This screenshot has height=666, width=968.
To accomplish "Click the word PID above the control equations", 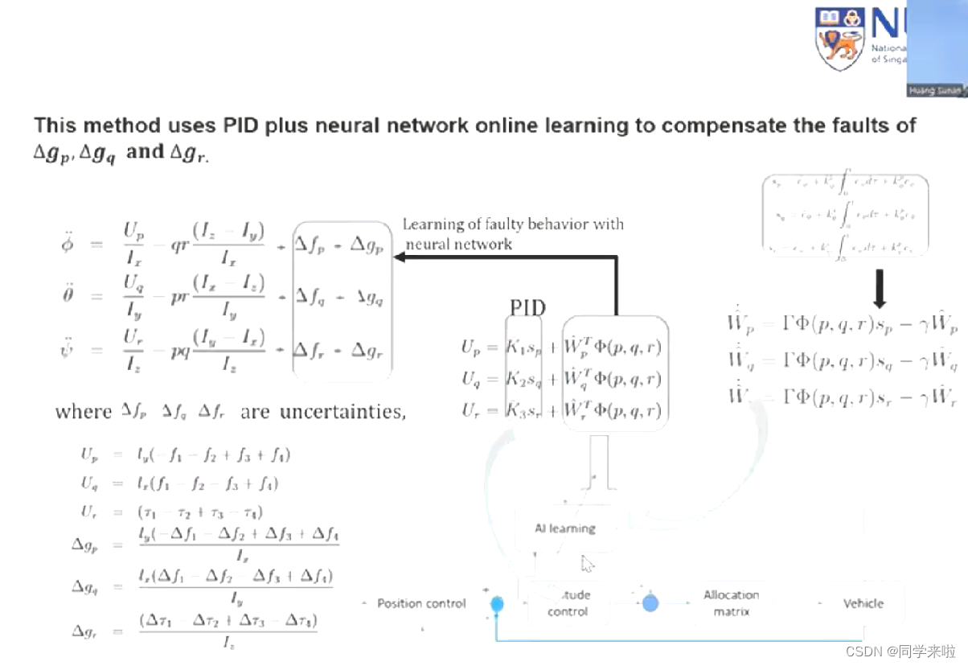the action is tap(528, 307).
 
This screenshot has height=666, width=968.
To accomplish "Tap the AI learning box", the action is tap(564, 528).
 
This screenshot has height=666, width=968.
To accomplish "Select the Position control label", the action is tap(421, 603).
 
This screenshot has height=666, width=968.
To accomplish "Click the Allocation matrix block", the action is tap(731, 603).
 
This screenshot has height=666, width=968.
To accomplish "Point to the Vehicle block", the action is tap(863, 603).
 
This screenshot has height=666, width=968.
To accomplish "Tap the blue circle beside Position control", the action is tap(497, 603).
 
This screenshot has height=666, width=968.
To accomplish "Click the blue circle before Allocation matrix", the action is tap(650, 602).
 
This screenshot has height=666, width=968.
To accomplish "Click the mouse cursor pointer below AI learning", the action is tap(588, 564).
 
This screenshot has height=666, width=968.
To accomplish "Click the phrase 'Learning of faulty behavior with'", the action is tap(513, 224).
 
